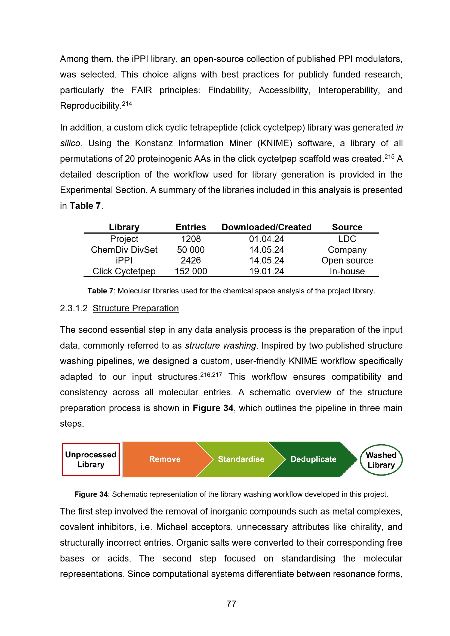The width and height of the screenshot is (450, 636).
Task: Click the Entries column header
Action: pos(191,227)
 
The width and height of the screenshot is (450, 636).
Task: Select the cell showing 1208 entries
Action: pos(191,239)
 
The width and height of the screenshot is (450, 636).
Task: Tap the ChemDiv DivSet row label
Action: pos(124,250)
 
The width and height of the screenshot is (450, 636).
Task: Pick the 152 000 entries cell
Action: pos(191,271)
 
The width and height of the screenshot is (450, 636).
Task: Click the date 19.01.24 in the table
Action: pos(266,271)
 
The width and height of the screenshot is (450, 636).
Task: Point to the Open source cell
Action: pos(347,260)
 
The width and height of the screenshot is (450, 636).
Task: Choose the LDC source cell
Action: pos(347,239)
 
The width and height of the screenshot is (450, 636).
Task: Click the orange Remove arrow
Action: pos(165,459)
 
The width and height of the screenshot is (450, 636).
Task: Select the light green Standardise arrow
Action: pos(241,459)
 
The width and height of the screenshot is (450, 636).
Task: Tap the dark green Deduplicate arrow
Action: pos(313,459)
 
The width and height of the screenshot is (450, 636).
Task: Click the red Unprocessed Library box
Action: pos(91,459)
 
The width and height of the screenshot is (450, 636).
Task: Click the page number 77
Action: pos(231,604)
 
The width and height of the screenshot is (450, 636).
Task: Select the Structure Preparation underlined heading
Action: pos(135,308)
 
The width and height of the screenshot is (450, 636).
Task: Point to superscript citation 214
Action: pos(127,104)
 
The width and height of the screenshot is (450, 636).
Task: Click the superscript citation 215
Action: pos(389,157)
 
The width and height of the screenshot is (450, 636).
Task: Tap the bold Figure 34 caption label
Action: pos(91,494)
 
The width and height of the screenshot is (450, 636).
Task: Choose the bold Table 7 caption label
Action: pos(100,291)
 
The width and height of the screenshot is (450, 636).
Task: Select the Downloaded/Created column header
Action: pos(266,227)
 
